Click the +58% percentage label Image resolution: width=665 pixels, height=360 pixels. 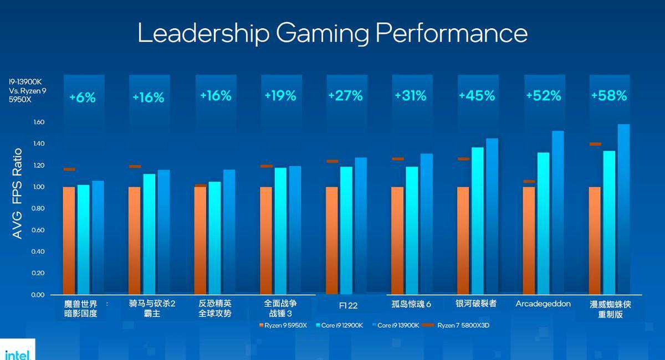tap(608, 96)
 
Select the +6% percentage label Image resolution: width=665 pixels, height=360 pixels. tap(83, 98)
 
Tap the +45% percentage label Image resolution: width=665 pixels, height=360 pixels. tap(477, 96)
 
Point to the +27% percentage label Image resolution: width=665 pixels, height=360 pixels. tap(345, 96)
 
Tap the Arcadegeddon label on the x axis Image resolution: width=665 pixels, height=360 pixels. tap(543, 304)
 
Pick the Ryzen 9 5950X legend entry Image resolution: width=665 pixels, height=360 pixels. tap(282, 326)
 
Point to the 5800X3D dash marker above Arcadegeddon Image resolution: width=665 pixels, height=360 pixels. tap(529, 181)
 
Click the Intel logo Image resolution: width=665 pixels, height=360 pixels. tap(17, 354)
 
